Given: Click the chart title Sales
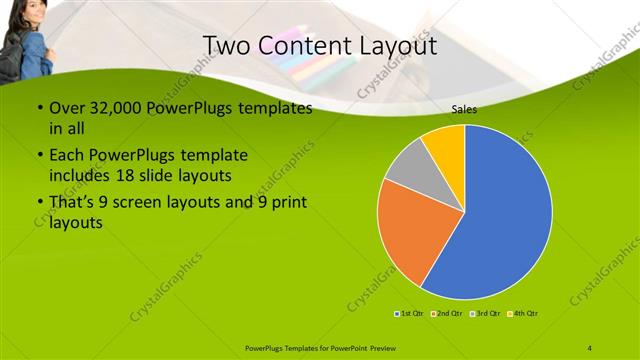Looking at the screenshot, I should point(463,110).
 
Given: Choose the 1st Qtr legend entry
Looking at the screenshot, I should point(409,314).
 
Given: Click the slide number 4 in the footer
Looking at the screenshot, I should point(590,346).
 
